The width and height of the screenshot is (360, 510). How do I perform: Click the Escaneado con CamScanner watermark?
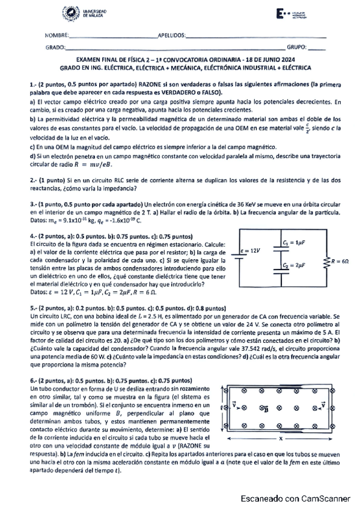click(x=294, y=499)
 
